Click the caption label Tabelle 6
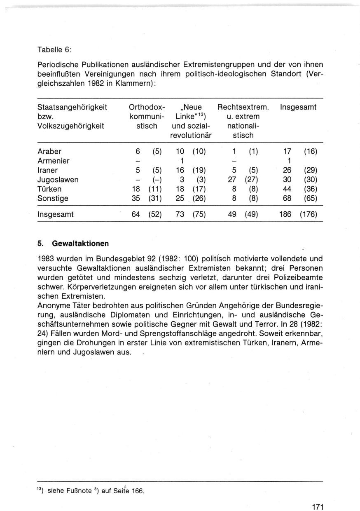(x=55, y=50)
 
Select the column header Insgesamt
(x=298, y=108)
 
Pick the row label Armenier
(x=54, y=161)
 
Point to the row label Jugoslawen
(x=58, y=180)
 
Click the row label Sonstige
(x=53, y=199)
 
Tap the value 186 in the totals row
(x=285, y=214)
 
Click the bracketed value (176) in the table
(x=309, y=214)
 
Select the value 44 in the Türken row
(x=288, y=189)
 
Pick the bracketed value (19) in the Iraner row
(x=199, y=170)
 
